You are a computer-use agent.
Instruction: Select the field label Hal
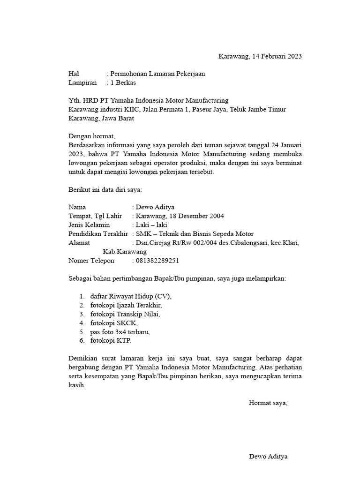(74, 74)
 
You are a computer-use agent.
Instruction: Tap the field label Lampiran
(82, 82)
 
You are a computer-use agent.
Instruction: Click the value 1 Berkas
(123, 82)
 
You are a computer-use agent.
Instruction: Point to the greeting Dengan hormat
(91, 136)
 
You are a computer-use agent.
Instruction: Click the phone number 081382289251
(158, 261)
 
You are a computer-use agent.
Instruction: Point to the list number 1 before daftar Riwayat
(82, 296)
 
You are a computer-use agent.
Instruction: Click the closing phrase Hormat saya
(268, 403)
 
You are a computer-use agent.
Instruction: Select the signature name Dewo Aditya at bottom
(268, 456)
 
